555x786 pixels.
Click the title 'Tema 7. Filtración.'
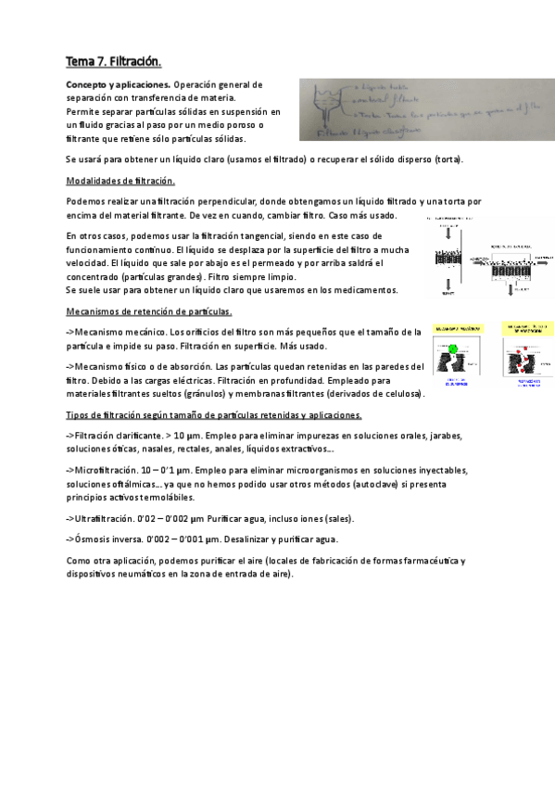coord(113,62)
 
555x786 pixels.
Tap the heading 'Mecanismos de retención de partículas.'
coord(149,311)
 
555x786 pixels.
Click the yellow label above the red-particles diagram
coord(527,329)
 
